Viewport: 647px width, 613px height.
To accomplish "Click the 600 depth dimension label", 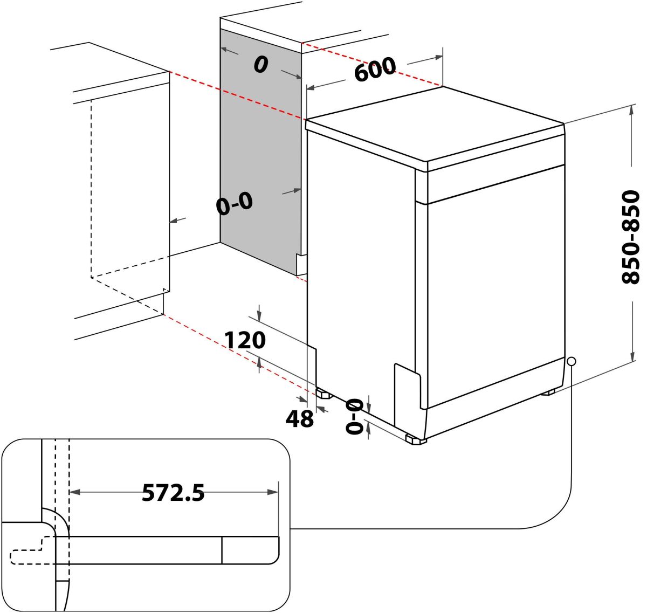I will click(x=375, y=70).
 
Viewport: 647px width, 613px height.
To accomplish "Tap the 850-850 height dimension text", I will click(x=630, y=237).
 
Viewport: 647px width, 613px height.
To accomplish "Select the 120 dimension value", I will click(x=245, y=341).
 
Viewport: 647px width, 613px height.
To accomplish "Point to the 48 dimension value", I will click(x=299, y=418).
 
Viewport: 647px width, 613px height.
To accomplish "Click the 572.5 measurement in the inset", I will click(x=173, y=492).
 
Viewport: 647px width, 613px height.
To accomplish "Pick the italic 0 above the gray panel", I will click(x=261, y=65).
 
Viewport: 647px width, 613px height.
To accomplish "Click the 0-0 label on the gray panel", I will click(x=234, y=204).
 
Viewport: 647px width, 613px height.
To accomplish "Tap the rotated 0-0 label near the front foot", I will click(x=354, y=416).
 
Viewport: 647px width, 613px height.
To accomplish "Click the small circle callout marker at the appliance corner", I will click(x=571, y=361).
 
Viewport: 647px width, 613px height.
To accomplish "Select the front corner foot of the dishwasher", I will click(x=416, y=440).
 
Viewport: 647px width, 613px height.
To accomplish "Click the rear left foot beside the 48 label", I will click(x=323, y=394).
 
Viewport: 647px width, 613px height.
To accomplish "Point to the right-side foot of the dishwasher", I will click(x=549, y=392).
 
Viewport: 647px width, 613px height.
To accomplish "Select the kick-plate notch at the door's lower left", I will click(x=407, y=394).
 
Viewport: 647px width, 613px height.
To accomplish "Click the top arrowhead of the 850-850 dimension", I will click(x=631, y=109).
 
